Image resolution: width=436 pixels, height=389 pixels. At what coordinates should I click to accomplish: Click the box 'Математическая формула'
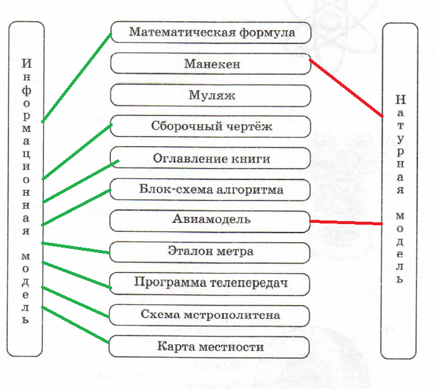[210, 32]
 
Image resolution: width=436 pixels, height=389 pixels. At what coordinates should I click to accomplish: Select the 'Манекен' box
[210, 63]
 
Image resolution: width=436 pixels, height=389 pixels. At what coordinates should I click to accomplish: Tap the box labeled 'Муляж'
[210, 95]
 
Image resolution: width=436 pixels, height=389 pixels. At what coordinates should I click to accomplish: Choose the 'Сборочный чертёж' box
[210, 127]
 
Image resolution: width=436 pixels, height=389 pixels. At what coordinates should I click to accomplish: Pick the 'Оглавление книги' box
[210, 159]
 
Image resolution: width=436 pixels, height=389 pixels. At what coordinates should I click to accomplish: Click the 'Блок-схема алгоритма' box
[210, 190]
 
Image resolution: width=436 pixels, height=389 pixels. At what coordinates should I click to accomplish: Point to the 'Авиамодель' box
[210, 220]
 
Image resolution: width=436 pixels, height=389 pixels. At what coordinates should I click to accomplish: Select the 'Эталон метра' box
[210, 251]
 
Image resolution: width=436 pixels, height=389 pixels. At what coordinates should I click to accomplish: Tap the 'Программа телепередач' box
[210, 283]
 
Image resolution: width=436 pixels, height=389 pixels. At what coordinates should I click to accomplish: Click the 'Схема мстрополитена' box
[210, 315]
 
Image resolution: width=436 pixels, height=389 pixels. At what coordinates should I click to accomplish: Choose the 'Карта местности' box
[210, 347]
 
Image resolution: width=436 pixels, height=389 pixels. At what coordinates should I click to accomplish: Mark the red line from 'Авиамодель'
[347, 223]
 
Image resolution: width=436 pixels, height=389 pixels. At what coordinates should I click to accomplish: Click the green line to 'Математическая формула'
[77, 77]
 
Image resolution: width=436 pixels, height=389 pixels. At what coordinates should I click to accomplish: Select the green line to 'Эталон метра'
[75, 248]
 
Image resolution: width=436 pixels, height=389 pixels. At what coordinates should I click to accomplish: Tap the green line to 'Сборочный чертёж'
[77, 152]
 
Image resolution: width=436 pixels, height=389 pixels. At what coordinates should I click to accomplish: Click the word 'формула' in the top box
[270, 32]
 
